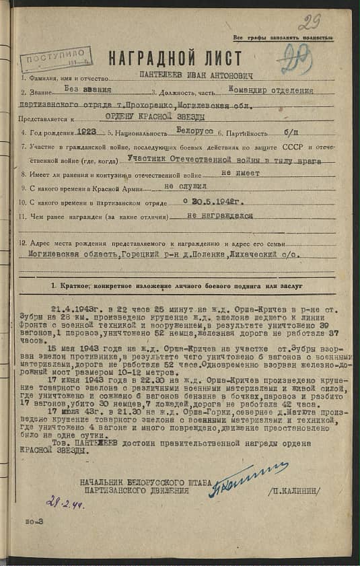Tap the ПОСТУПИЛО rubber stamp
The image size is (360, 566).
pos(57,59)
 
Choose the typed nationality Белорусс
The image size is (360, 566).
pos(199,133)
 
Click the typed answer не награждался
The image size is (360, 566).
pos(220,216)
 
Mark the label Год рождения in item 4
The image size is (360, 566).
pos(51,134)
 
